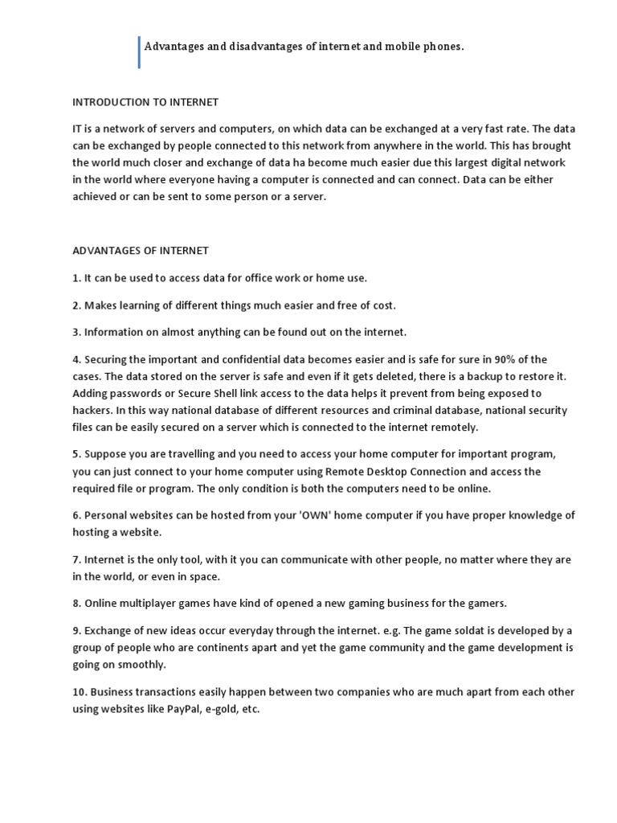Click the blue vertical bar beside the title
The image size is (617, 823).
click(139, 52)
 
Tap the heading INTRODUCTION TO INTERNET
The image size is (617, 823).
click(145, 102)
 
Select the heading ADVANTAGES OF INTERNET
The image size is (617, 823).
click(141, 252)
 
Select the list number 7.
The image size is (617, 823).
click(76, 559)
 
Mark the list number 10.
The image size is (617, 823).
click(79, 692)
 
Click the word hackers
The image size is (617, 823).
click(92, 410)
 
